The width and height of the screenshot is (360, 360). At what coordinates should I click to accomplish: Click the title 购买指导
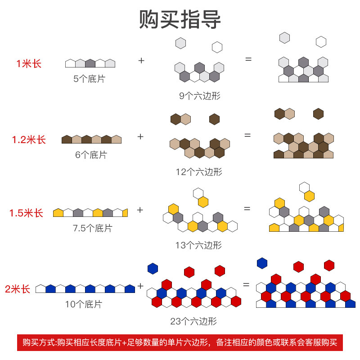pos(180,20)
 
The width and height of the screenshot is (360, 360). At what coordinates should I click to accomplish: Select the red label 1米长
pos(29,64)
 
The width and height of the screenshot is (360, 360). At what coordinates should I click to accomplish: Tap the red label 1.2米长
pos(29,140)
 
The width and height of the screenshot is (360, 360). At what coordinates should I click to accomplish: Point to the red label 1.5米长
pos(27,213)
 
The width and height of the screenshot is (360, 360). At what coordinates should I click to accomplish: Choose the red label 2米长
pos(18,289)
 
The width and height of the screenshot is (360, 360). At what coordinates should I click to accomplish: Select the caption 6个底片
pos(91,155)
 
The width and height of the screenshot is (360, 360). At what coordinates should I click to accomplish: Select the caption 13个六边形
pos(198,245)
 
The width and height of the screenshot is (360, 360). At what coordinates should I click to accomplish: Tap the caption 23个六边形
pos(193,321)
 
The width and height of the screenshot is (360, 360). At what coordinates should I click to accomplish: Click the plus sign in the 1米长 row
pos(141,60)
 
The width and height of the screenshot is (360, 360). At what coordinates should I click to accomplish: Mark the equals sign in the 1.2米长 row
pos(247,135)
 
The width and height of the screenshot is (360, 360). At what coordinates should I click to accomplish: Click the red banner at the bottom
pos(180,342)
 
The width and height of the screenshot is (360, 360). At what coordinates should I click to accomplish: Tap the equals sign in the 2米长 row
pos(246,284)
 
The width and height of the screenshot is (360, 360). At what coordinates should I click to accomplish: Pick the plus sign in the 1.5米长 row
pos(140,210)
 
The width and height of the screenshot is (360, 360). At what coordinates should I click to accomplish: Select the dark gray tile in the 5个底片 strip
pos(90,63)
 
